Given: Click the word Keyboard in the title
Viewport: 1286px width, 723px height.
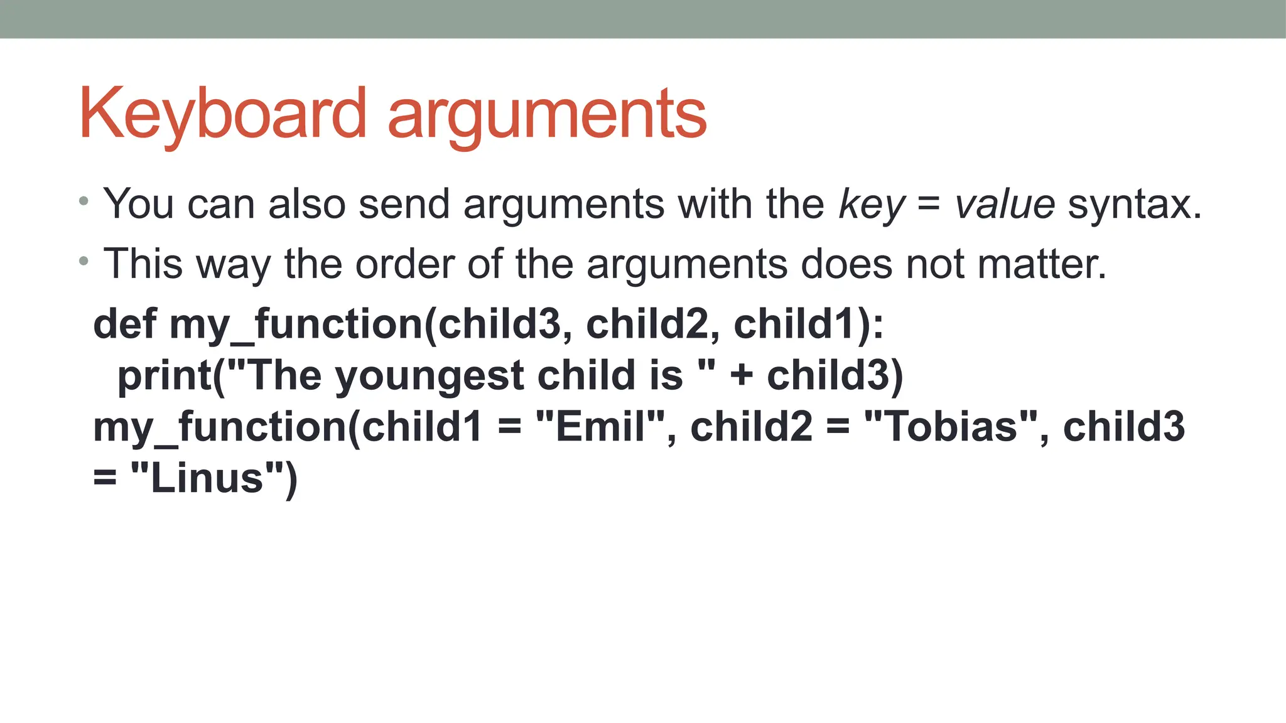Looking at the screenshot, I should [x=222, y=114].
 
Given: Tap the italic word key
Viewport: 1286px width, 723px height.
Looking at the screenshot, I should [x=872, y=205].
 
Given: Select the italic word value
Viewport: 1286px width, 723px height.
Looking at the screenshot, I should [x=1005, y=205].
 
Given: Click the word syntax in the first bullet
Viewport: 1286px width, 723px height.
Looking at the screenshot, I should [x=1134, y=205].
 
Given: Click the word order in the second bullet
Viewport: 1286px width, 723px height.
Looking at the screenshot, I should [x=404, y=264].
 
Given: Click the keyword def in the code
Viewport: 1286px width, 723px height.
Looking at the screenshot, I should [x=124, y=324].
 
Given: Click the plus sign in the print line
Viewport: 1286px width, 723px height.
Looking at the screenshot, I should [x=742, y=375].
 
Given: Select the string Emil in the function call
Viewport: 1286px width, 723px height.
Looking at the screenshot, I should [x=600, y=427].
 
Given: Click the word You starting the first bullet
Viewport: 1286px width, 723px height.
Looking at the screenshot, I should [x=138, y=204].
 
